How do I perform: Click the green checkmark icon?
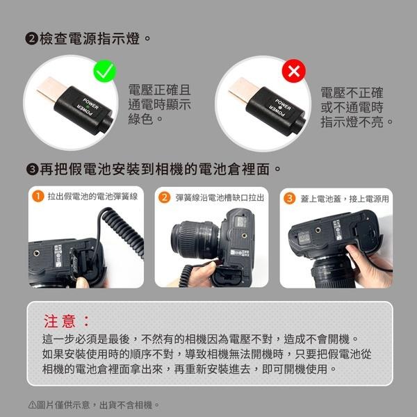[x=106, y=70]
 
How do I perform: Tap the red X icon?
[x=294, y=70]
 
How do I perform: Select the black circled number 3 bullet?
[x=31, y=169]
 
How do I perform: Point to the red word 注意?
[x=67, y=321]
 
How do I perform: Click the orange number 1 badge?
[x=39, y=197]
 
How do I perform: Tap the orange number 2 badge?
[x=165, y=197]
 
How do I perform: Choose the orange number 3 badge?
[x=290, y=197]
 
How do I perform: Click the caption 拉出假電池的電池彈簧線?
[x=92, y=197]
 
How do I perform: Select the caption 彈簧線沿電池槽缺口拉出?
[x=220, y=197]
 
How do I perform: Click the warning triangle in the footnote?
[x=31, y=404]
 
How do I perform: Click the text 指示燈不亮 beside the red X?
[x=357, y=122]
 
